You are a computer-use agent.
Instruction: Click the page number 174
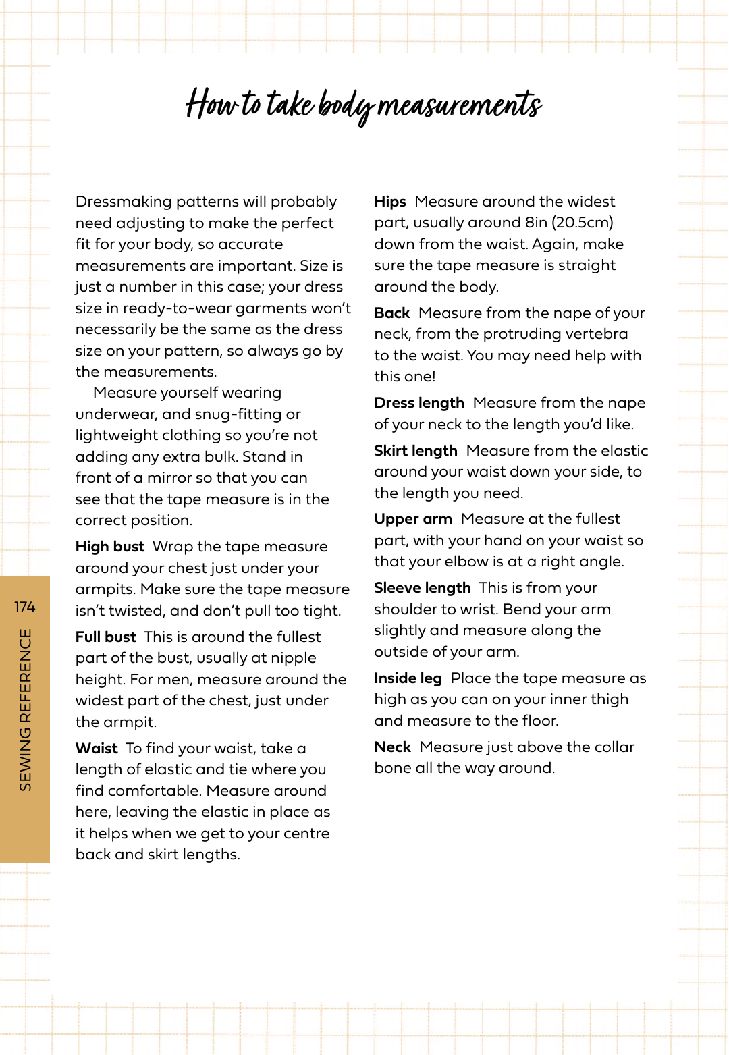click(25, 607)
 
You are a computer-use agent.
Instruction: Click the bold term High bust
click(110, 547)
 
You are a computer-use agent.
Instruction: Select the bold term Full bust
click(106, 637)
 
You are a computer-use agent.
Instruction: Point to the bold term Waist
click(97, 749)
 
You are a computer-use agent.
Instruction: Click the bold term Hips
click(390, 202)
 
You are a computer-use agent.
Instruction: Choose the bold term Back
click(392, 313)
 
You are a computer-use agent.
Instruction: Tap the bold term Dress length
click(419, 403)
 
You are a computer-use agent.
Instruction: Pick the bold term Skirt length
click(416, 451)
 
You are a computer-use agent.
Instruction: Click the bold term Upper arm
click(413, 519)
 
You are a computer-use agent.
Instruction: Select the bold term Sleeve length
click(423, 588)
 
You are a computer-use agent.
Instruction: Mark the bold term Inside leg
click(408, 678)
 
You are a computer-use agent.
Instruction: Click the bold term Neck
click(393, 747)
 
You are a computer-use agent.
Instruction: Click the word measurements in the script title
click(459, 105)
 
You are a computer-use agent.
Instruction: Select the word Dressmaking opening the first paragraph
click(124, 202)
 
